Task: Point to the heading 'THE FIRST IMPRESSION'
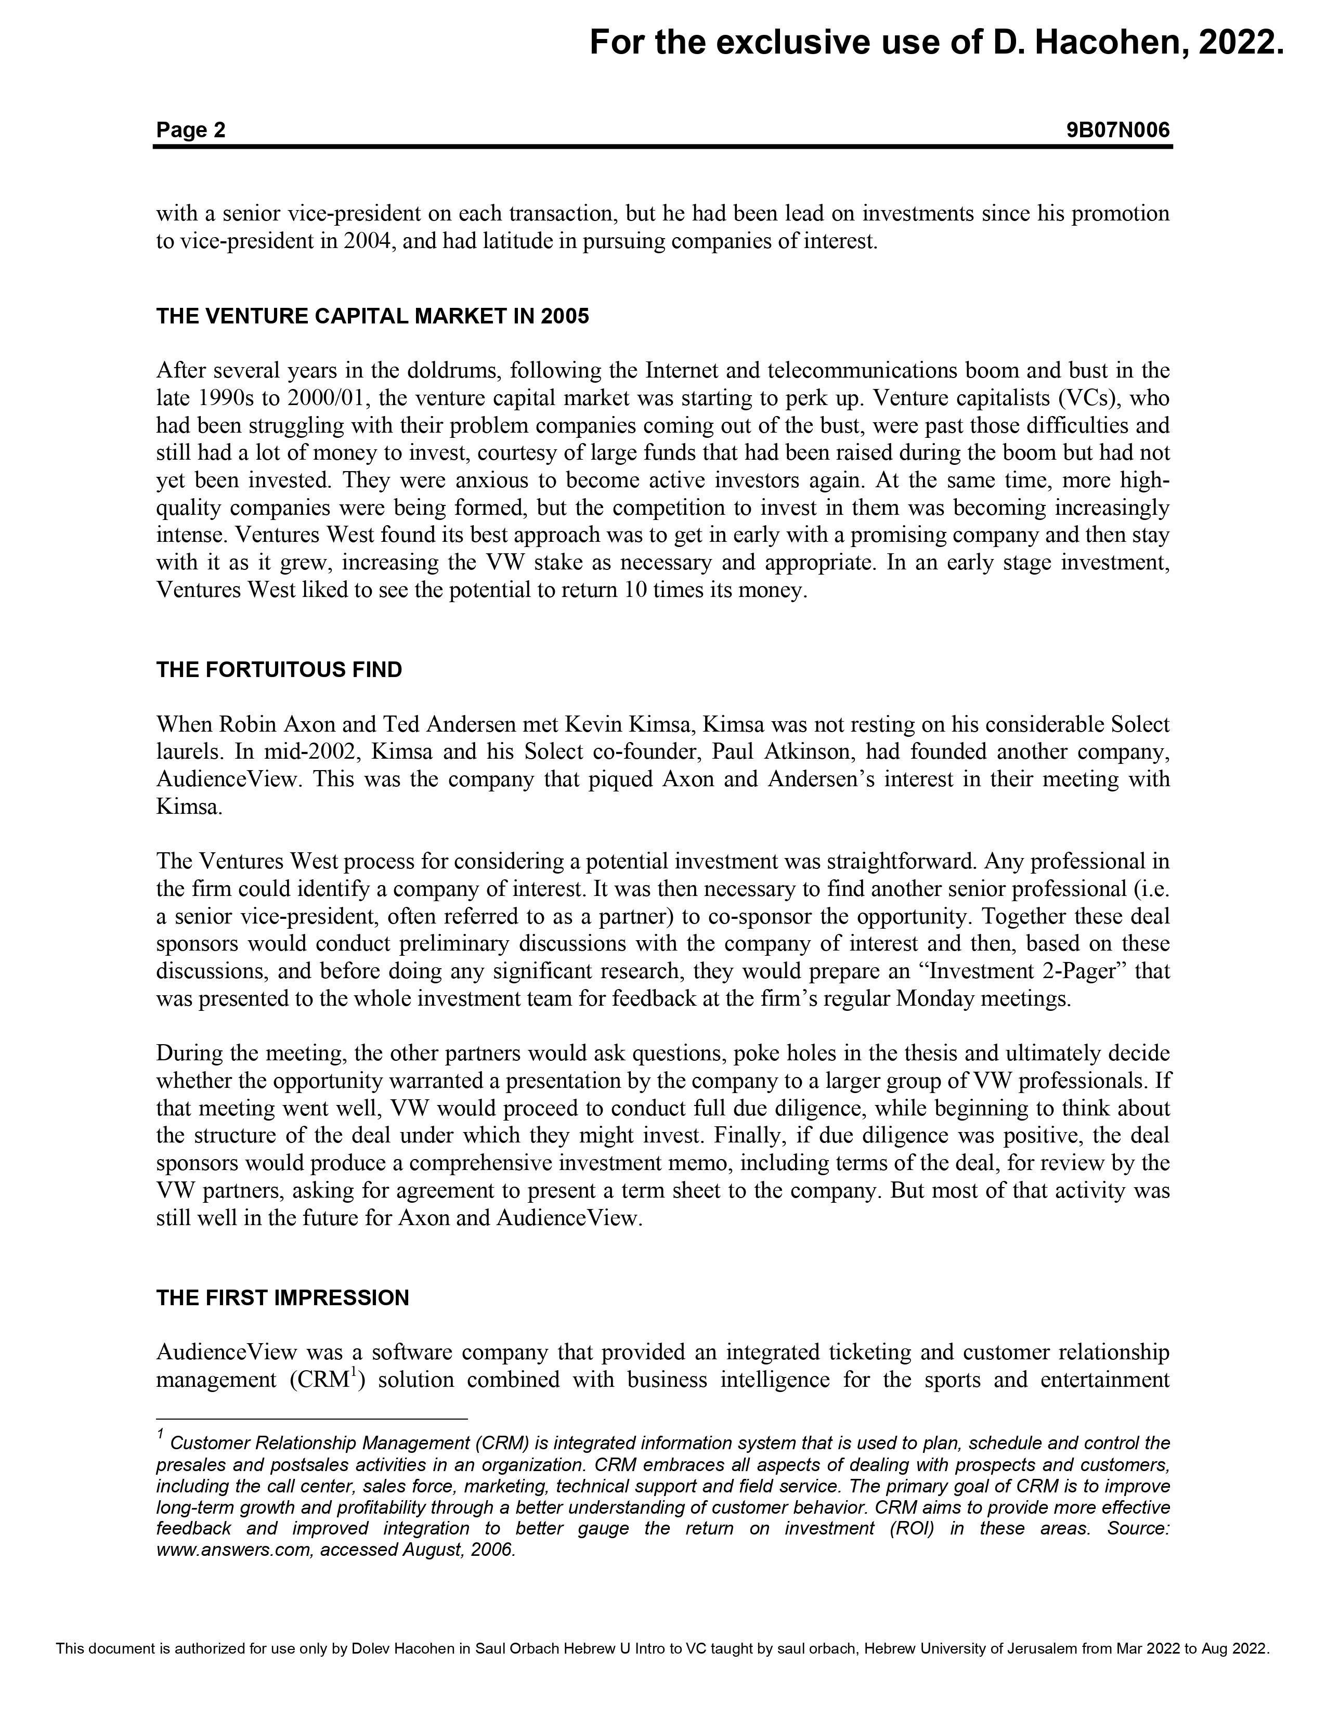click(x=283, y=1297)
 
